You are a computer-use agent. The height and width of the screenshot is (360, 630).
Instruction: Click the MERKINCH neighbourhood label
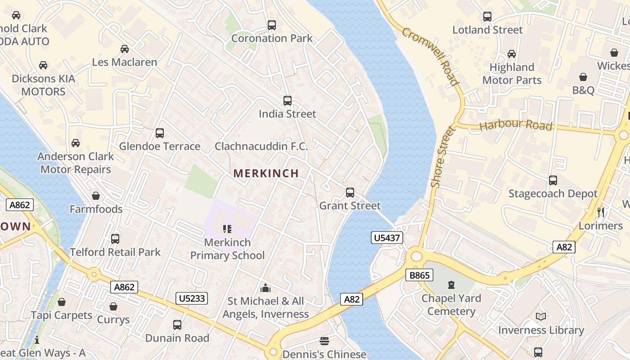[266, 173]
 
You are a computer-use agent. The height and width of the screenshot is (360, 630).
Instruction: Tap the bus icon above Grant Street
[350, 193]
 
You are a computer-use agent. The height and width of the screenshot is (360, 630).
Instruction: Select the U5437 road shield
[387, 238]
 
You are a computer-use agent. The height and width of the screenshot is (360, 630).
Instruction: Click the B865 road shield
[418, 275]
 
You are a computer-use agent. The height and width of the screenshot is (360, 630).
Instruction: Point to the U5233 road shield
[192, 298]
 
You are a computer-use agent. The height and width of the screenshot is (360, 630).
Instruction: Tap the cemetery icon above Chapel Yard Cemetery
[451, 285]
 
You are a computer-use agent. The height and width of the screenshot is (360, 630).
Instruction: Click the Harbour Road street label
[516, 125]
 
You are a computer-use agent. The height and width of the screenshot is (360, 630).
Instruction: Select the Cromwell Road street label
[430, 56]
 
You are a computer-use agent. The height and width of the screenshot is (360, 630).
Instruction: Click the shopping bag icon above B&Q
[583, 77]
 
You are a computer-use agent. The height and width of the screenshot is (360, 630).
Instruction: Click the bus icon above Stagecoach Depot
[553, 180]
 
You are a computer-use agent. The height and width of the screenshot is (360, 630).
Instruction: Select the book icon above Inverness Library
[541, 317]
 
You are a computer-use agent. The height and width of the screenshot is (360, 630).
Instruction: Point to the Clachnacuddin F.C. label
[261, 146]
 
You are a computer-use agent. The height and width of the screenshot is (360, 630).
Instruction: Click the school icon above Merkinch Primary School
[227, 229]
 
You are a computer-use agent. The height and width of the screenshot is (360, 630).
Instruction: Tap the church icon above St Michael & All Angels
[265, 288]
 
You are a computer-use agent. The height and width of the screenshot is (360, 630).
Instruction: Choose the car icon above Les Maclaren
[125, 49]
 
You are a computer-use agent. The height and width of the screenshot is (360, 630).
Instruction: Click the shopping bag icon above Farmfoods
[95, 196]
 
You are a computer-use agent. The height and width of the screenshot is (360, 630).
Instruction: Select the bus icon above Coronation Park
[272, 25]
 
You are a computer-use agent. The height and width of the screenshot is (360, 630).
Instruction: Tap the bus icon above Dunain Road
[177, 324]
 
